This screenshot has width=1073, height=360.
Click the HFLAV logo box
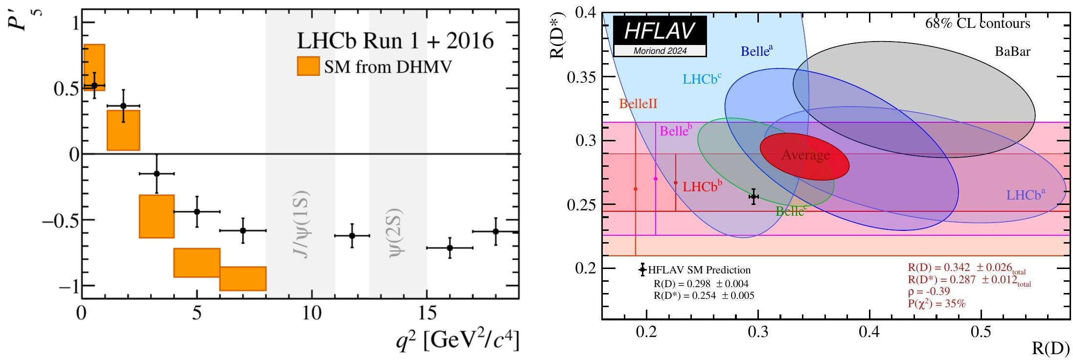pos(660,36)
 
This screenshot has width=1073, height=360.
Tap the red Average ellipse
pos(804,156)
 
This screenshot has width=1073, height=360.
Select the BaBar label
pos(1012,51)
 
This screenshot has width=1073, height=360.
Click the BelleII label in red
pos(638,104)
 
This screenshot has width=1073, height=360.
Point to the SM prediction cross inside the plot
pos(753,197)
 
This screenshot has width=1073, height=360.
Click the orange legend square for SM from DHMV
pos(308,66)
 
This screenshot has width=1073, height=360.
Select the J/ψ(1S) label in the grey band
pos(300,223)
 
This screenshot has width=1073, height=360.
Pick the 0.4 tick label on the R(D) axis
pos(869,332)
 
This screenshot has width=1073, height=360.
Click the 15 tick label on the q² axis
pos(427,313)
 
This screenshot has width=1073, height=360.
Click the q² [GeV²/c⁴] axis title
pos(457,339)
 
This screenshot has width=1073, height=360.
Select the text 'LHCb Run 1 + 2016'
pos(395,41)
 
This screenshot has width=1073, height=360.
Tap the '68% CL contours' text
pos(977,23)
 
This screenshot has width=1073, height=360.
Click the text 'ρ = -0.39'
pos(929,292)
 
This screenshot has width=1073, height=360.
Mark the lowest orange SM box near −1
pos(243,279)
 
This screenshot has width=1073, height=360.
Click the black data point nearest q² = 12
pos(352,236)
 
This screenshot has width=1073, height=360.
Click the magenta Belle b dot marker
pos(656,179)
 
